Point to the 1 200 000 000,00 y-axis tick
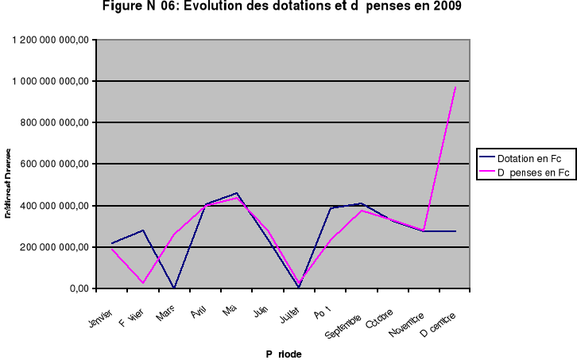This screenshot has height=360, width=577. pos(48,40)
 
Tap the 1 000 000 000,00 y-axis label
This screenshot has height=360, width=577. pos(48,81)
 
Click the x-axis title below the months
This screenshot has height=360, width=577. pos(284,353)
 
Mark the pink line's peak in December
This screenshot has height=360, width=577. pos(455,87)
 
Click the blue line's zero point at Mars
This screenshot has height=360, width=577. pos(174,288)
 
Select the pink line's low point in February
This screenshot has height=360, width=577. pos(143,282)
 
